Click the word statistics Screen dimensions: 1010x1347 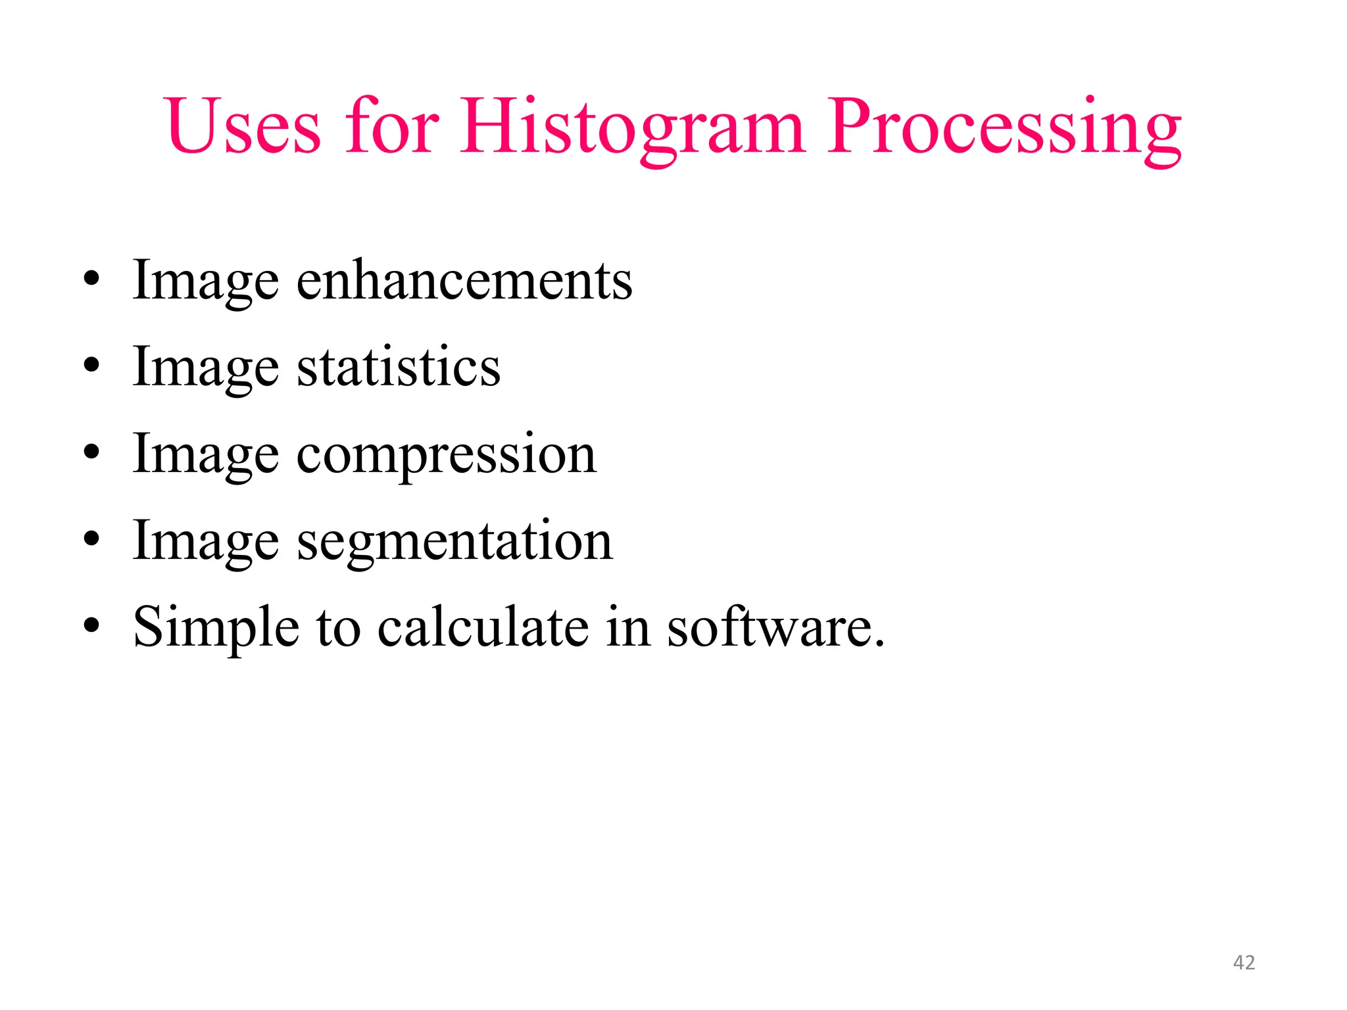[x=399, y=367]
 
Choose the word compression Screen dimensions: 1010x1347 [x=447, y=454]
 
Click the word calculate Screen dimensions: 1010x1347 [x=483, y=627]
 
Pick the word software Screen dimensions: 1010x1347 [x=770, y=627]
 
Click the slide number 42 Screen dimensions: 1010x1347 [x=1244, y=963]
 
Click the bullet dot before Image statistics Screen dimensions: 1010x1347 [x=91, y=365]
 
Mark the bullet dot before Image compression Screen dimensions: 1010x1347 [x=91, y=452]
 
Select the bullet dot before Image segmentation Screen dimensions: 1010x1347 [x=91, y=539]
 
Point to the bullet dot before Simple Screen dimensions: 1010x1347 [x=91, y=625]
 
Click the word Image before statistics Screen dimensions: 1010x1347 [x=206, y=367]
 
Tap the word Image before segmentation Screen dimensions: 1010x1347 [x=206, y=541]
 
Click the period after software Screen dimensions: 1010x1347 [x=879, y=643]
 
